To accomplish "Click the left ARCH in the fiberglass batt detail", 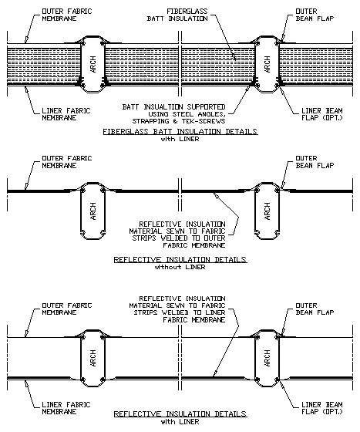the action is pos(93,64).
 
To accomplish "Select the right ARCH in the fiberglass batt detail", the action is pos(267,64).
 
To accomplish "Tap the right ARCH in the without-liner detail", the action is pos(267,211).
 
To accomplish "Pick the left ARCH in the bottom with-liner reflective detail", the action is pos(93,358).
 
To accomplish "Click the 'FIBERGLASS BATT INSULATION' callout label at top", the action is pos(177,15).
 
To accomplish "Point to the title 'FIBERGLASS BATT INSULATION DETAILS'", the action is pos(180,131).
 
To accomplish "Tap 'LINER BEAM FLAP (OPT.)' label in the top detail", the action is pos(322,114).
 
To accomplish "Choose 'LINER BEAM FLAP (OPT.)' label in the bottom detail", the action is pos(322,408).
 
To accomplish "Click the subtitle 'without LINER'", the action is pos(180,267).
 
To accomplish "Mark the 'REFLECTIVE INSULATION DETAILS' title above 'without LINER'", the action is pos(180,260).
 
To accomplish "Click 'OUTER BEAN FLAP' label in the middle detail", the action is pos(315,162).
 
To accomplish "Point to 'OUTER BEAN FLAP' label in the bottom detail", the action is pos(315,309).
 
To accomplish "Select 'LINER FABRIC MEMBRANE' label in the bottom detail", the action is pos(66,408).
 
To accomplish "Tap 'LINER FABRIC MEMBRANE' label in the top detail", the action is pos(66,114).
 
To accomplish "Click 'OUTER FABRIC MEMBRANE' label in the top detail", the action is pos(67,15).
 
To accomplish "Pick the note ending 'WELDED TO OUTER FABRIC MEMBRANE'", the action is pos(177,235).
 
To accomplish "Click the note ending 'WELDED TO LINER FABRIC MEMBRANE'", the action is pos(177,309).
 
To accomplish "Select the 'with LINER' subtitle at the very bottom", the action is pos(180,422).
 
